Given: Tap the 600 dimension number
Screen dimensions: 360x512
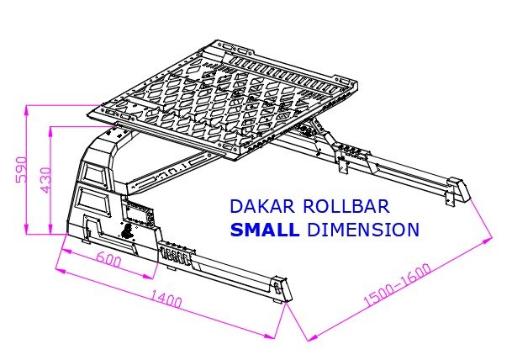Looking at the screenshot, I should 108,261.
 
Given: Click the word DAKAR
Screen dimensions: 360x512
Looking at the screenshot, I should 256,206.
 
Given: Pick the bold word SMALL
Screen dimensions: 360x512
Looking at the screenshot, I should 264,230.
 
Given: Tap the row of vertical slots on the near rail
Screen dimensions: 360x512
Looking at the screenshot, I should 175,254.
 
